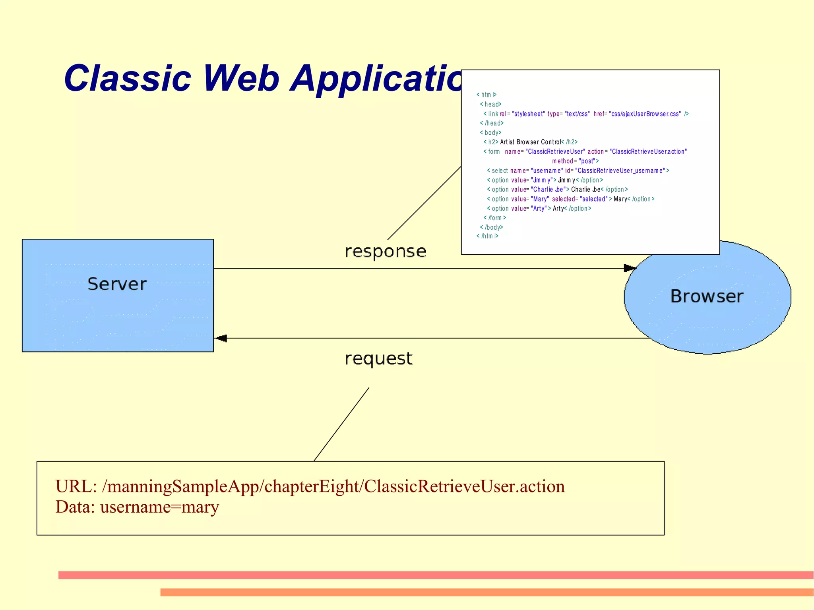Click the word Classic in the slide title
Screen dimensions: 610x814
click(128, 78)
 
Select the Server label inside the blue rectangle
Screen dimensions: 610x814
click(117, 284)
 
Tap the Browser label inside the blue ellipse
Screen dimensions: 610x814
click(707, 296)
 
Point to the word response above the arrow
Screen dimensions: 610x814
click(385, 252)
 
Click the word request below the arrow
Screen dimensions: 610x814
click(378, 358)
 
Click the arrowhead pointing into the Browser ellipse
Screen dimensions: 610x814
click(630, 268)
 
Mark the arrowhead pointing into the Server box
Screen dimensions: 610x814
click(221, 338)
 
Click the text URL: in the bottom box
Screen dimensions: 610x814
click(76, 486)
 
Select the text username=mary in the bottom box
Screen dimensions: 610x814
click(159, 507)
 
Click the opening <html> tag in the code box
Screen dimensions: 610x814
click(486, 95)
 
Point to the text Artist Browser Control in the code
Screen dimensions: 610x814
click(530, 142)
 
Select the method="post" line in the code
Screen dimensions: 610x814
click(575, 161)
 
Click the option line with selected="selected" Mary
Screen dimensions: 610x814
click(570, 199)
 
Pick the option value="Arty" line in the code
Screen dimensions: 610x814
click(539, 208)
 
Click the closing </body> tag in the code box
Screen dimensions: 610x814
click(492, 227)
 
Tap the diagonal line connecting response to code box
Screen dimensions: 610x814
click(424, 203)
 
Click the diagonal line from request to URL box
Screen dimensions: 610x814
click(341, 424)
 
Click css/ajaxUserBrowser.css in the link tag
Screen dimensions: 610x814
click(645, 114)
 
